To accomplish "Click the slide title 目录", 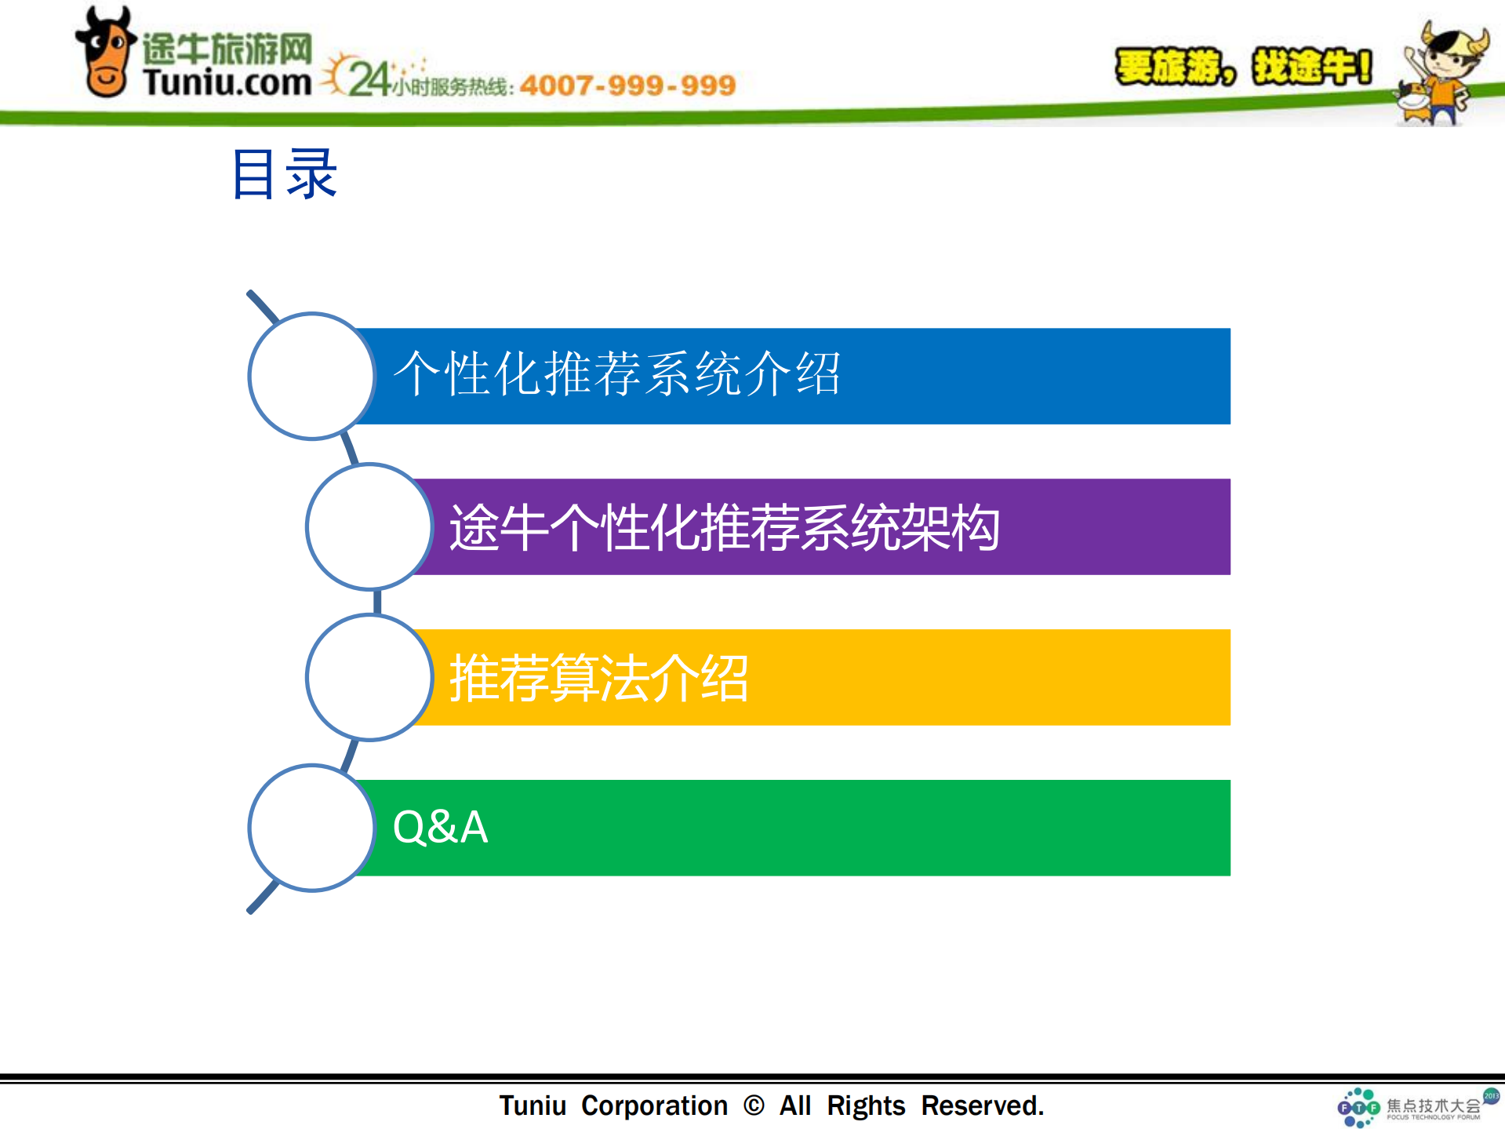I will click(x=284, y=174).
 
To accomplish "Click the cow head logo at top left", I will click(x=105, y=53).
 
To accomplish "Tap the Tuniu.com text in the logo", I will click(x=227, y=82).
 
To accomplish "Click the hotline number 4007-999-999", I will click(x=627, y=85).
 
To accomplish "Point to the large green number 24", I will click(x=369, y=79).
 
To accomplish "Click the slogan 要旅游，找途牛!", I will click(x=1243, y=67).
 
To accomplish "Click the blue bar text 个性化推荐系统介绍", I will click(x=616, y=374).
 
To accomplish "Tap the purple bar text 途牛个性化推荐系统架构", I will click(x=724, y=527).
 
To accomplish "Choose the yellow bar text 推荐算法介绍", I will click(x=598, y=678).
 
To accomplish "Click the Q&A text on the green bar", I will click(x=440, y=828).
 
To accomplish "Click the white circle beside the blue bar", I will click(x=311, y=376).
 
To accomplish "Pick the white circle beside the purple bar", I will click(x=369, y=526).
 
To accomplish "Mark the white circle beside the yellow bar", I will click(x=369, y=677).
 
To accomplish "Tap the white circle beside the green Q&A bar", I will click(x=311, y=828).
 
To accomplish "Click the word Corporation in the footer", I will click(x=654, y=1105).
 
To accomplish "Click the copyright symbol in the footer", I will click(x=753, y=1105).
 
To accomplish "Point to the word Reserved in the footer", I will click(x=981, y=1105).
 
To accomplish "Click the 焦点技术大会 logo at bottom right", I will click(x=1412, y=1107).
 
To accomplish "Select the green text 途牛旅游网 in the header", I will click(x=227, y=49).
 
